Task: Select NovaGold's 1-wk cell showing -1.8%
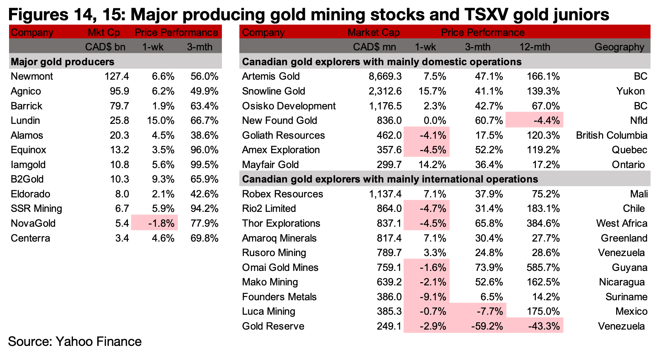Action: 161,223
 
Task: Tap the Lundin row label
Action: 25,121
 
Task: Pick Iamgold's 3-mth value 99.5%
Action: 204,165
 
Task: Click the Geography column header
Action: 619,47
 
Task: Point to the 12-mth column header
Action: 535,47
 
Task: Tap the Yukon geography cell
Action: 630,91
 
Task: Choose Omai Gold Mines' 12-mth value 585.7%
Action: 543,268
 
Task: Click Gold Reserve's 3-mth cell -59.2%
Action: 487,326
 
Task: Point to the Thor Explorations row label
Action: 281,223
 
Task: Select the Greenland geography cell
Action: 624,238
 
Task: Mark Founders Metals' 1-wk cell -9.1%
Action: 433,297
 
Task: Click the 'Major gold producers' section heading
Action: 63,62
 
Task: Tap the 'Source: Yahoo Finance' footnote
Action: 75,342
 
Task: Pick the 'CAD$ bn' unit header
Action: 105,47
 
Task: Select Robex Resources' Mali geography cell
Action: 639,194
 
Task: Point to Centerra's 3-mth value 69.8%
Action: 204,238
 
